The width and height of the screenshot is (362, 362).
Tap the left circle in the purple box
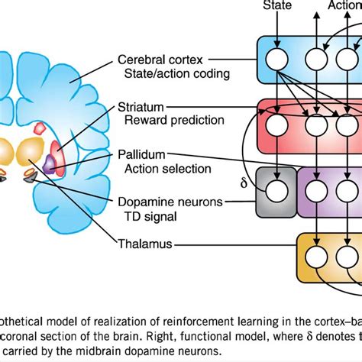pos(315,186)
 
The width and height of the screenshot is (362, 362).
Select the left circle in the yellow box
pos(315,252)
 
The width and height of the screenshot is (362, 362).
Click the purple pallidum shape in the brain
pos(50,163)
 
